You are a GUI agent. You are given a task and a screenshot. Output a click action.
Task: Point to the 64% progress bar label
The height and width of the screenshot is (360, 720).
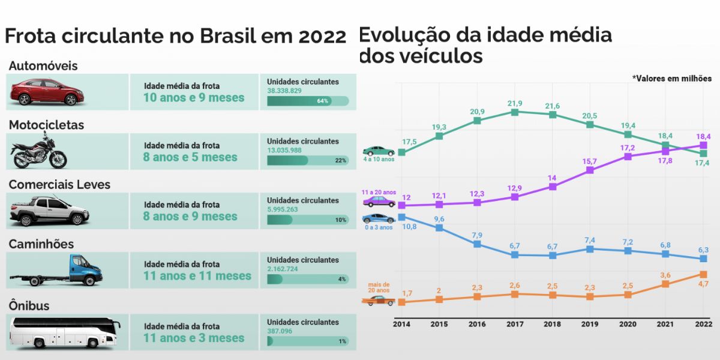click(x=323, y=101)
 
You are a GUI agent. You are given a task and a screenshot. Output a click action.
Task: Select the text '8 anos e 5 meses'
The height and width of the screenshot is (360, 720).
click(x=190, y=157)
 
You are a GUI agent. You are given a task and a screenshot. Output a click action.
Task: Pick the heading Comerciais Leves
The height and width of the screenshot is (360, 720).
click(x=59, y=184)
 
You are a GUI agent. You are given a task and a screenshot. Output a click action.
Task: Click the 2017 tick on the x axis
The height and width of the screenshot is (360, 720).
click(x=514, y=324)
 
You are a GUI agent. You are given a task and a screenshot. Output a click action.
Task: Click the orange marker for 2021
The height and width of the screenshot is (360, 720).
click(x=665, y=284)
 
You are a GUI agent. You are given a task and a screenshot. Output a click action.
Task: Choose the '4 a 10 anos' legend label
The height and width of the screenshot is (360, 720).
click(x=379, y=160)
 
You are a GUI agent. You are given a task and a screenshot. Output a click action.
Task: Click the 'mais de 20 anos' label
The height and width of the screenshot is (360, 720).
click(x=379, y=287)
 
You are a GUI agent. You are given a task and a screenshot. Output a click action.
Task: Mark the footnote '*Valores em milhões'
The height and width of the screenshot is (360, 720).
click(x=671, y=79)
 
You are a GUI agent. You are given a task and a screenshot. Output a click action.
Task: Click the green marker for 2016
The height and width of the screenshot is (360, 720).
click(x=477, y=121)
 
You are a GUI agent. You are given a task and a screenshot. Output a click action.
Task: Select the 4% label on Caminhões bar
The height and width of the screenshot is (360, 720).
click(x=342, y=280)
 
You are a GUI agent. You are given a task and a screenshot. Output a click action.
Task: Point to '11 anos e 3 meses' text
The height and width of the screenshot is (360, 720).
click(x=194, y=338)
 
